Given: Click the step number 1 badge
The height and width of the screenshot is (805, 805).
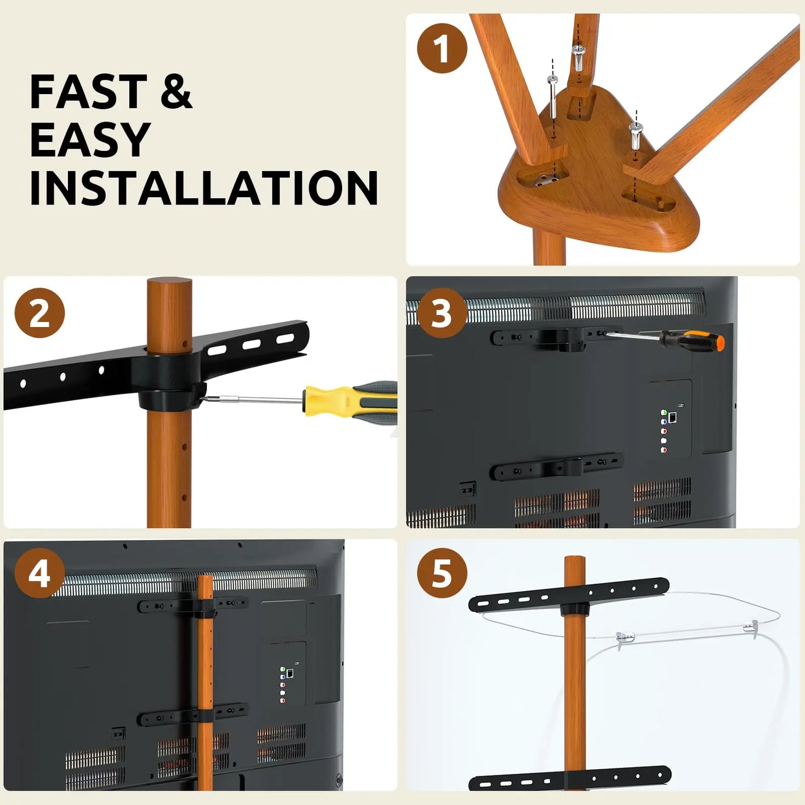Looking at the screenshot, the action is click(x=442, y=48).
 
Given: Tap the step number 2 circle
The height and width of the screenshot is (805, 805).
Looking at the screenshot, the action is click(x=40, y=313).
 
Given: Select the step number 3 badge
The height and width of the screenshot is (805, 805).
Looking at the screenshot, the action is click(x=442, y=313).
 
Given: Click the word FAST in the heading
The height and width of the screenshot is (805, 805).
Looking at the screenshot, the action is click(x=89, y=91).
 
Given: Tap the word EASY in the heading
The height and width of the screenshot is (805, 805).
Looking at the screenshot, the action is click(x=90, y=139).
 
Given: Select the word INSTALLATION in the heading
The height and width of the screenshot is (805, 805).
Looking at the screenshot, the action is click(x=204, y=188).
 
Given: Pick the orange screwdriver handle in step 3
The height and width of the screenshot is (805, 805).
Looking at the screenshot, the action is click(x=696, y=341).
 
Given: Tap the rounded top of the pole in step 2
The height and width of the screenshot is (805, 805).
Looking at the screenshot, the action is click(x=169, y=284).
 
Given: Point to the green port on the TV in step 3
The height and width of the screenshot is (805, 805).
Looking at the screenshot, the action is click(x=663, y=412).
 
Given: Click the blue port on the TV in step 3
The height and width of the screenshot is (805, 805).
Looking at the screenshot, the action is click(x=663, y=422).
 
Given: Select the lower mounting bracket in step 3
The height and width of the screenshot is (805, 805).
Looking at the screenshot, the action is click(x=557, y=466).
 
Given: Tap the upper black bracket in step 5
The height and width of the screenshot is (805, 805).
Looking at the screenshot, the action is click(x=569, y=596).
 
